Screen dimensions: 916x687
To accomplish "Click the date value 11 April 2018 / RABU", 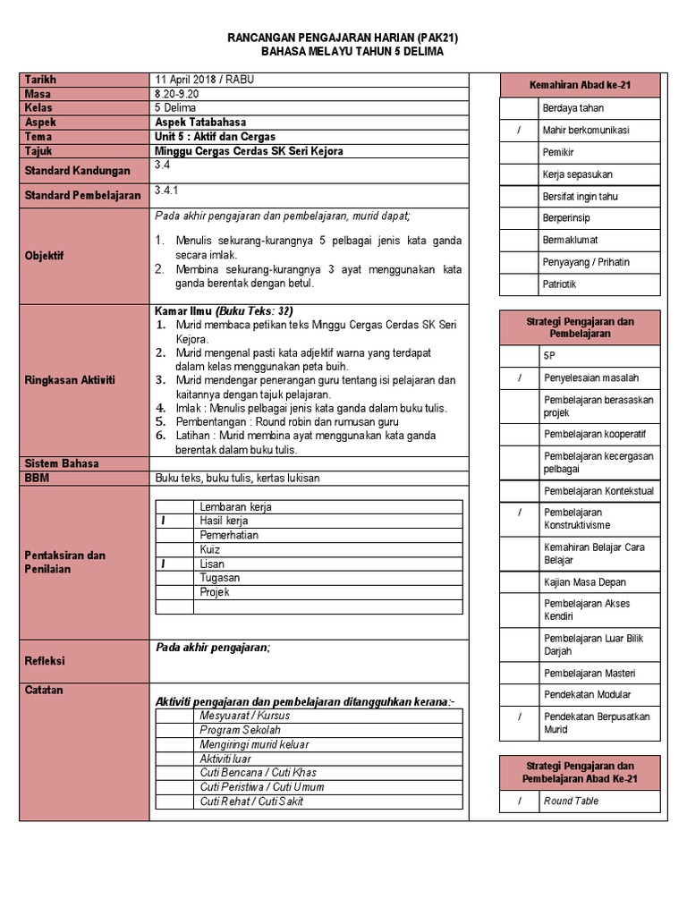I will [205, 80].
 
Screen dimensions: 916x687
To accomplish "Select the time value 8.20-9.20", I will [177, 94].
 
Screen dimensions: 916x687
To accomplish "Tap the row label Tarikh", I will [41, 80].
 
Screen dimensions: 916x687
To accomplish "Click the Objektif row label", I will [45, 255].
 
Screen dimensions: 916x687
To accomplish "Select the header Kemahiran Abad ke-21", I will [579, 85].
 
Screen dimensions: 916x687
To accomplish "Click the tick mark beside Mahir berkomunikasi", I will [519, 131].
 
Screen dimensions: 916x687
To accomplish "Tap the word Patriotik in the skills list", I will [560, 284].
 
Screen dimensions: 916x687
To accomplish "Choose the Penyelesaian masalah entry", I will [590, 377].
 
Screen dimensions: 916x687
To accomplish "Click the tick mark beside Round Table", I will [519, 801].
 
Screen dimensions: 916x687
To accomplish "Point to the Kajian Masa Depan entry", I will [585, 582].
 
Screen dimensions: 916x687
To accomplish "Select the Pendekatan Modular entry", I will [587, 694].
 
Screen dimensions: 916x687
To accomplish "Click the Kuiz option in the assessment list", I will [210, 549].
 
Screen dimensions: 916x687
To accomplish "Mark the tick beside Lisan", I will [164, 564].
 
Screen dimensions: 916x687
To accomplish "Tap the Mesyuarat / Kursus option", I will [244, 716].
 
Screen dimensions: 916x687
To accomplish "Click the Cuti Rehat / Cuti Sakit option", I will [251, 801].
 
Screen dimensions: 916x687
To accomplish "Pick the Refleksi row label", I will [46, 661].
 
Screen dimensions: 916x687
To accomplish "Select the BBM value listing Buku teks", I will [237, 478].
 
